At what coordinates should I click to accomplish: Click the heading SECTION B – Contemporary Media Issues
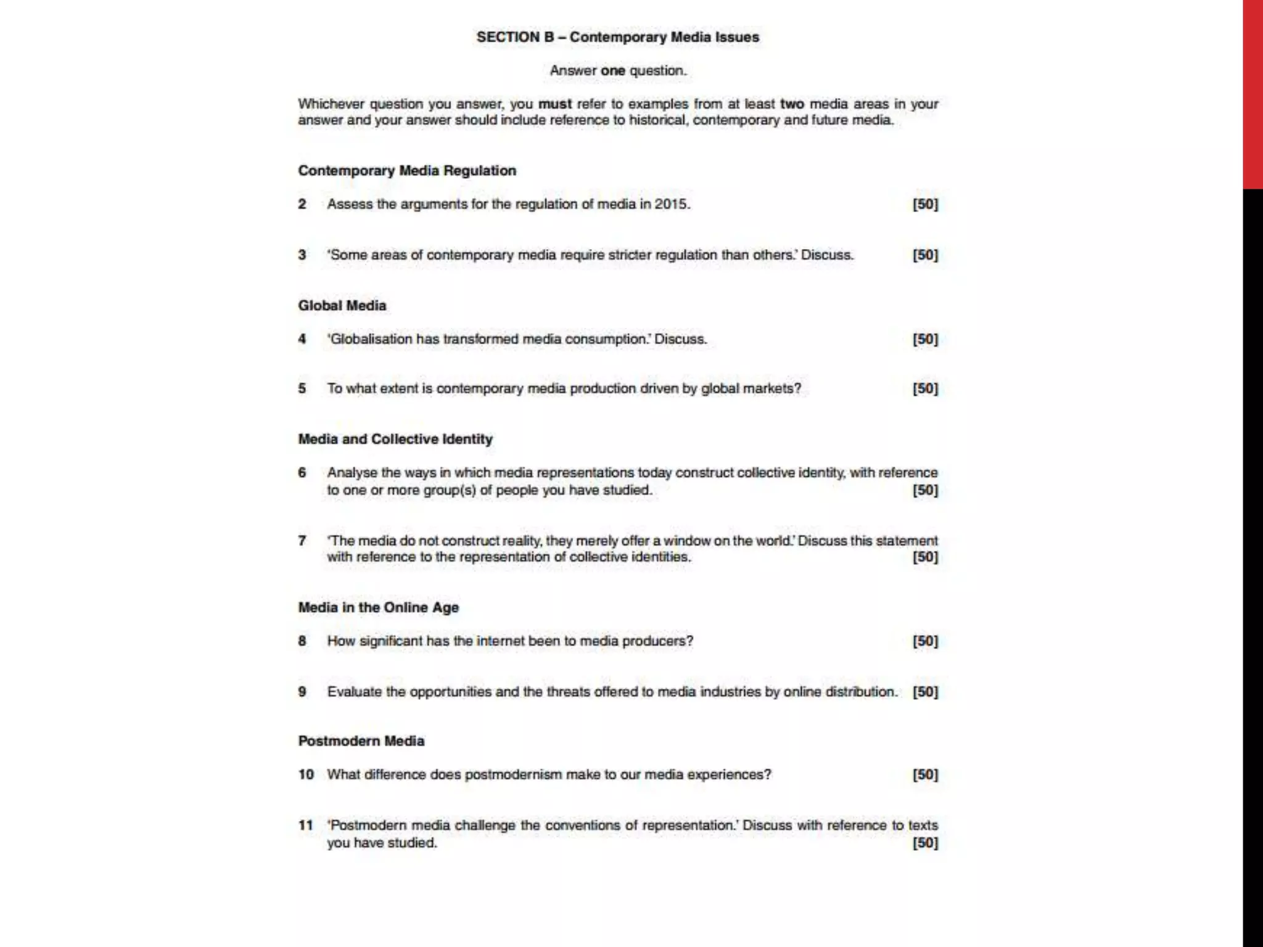(x=617, y=37)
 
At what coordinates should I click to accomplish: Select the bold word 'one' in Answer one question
(x=613, y=71)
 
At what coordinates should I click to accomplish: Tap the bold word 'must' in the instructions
(x=555, y=104)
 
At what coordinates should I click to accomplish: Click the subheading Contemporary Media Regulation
(x=407, y=171)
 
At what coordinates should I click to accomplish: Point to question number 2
(x=302, y=204)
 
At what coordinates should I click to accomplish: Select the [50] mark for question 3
(x=925, y=255)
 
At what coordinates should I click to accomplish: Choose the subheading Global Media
(x=342, y=306)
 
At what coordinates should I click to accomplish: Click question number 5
(x=302, y=389)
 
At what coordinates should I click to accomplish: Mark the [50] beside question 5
(x=925, y=389)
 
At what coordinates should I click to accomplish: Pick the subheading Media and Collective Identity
(x=395, y=440)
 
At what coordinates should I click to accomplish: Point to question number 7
(x=302, y=541)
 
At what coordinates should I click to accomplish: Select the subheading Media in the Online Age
(x=379, y=608)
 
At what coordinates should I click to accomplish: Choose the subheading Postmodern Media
(x=361, y=741)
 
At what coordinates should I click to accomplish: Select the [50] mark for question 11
(x=925, y=843)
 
